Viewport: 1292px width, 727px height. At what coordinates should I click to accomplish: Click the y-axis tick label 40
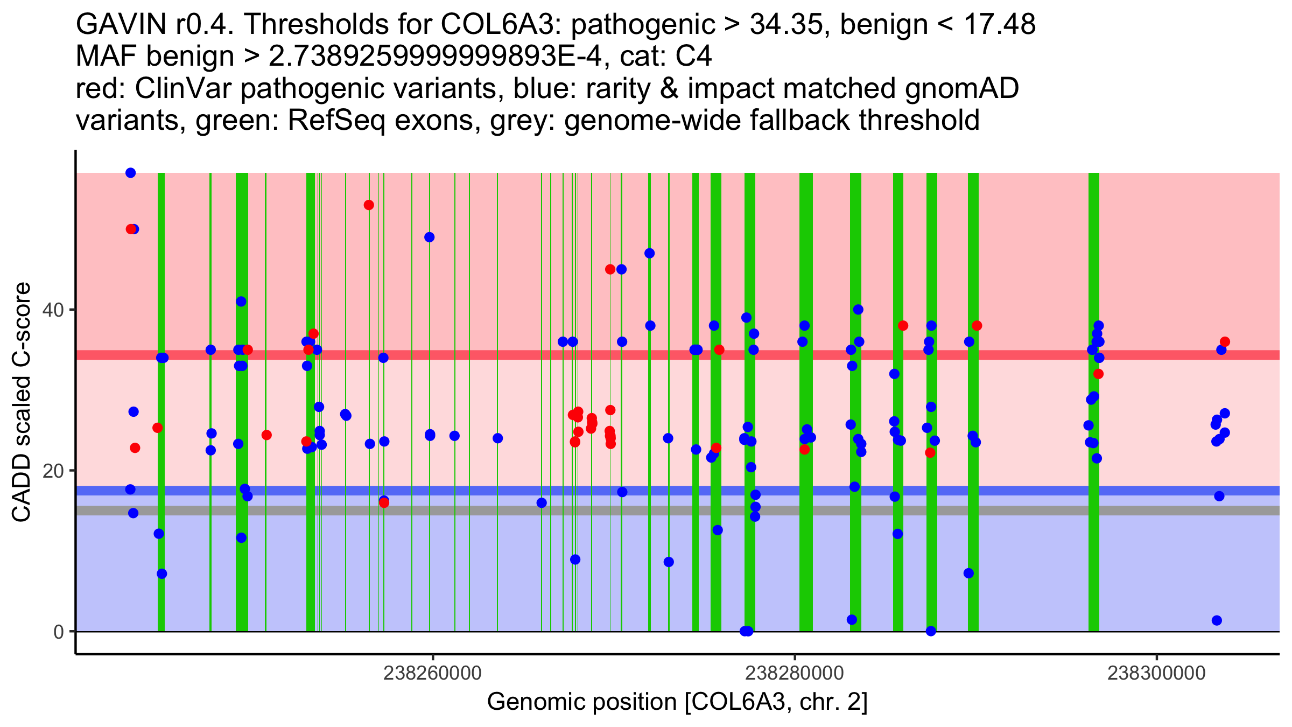click(x=52, y=310)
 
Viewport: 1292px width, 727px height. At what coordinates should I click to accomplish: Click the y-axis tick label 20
click(x=52, y=471)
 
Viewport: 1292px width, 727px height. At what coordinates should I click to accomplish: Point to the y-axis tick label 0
click(x=58, y=632)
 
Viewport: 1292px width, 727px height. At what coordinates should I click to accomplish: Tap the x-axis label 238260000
click(x=432, y=673)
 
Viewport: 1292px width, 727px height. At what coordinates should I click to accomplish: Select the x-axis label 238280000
click(x=794, y=673)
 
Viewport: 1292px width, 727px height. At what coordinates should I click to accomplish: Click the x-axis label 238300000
click(x=1156, y=673)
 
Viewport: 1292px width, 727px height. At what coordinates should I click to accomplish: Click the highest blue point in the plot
click(x=130, y=173)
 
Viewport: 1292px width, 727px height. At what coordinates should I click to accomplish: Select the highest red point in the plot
click(x=369, y=205)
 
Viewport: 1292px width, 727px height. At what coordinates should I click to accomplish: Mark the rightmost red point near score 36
click(x=1225, y=342)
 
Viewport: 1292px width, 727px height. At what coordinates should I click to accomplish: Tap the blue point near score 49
click(x=429, y=237)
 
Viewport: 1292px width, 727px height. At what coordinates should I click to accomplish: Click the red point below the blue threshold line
click(x=384, y=503)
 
